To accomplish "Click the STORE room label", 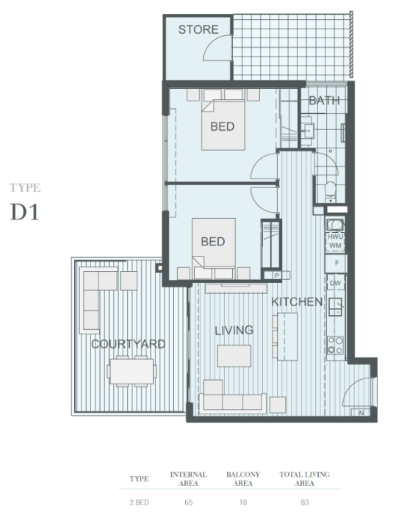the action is pyautogui.click(x=198, y=29).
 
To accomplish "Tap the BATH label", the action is pyautogui.click(x=324, y=101).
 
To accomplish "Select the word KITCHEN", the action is pyautogui.click(x=297, y=302).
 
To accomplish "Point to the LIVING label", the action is pyautogui.click(x=234, y=331).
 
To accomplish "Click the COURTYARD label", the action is pyautogui.click(x=128, y=345).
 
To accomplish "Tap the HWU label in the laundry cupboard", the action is pyautogui.click(x=336, y=237).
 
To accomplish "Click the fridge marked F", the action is pyautogui.click(x=336, y=263).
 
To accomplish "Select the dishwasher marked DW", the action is pyautogui.click(x=336, y=283).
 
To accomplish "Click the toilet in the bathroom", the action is pyautogui.click(x=330, y=192).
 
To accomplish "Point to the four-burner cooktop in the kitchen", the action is pyautogui.click(x=335, y=345).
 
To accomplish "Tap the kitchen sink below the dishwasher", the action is pyautogui.click(x=336, y=307).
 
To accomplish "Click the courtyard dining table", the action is pyautogui.click(x=132, y=372).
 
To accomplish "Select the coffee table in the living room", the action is pyautogui.click(x=234, y=356).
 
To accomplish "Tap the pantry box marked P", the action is pyautogui.click(x=277, y=275).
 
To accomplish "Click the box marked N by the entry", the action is pyautogui.click(x=361, y=413).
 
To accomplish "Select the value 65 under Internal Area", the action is pyautogui.click(x=189, y=503).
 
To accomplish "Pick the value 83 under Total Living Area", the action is pyautogui.click(x=304, y=503).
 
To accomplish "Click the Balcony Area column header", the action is pyautogui.click(x=243, y=479).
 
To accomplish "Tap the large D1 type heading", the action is pyautogui.click(x=25, y=212).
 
